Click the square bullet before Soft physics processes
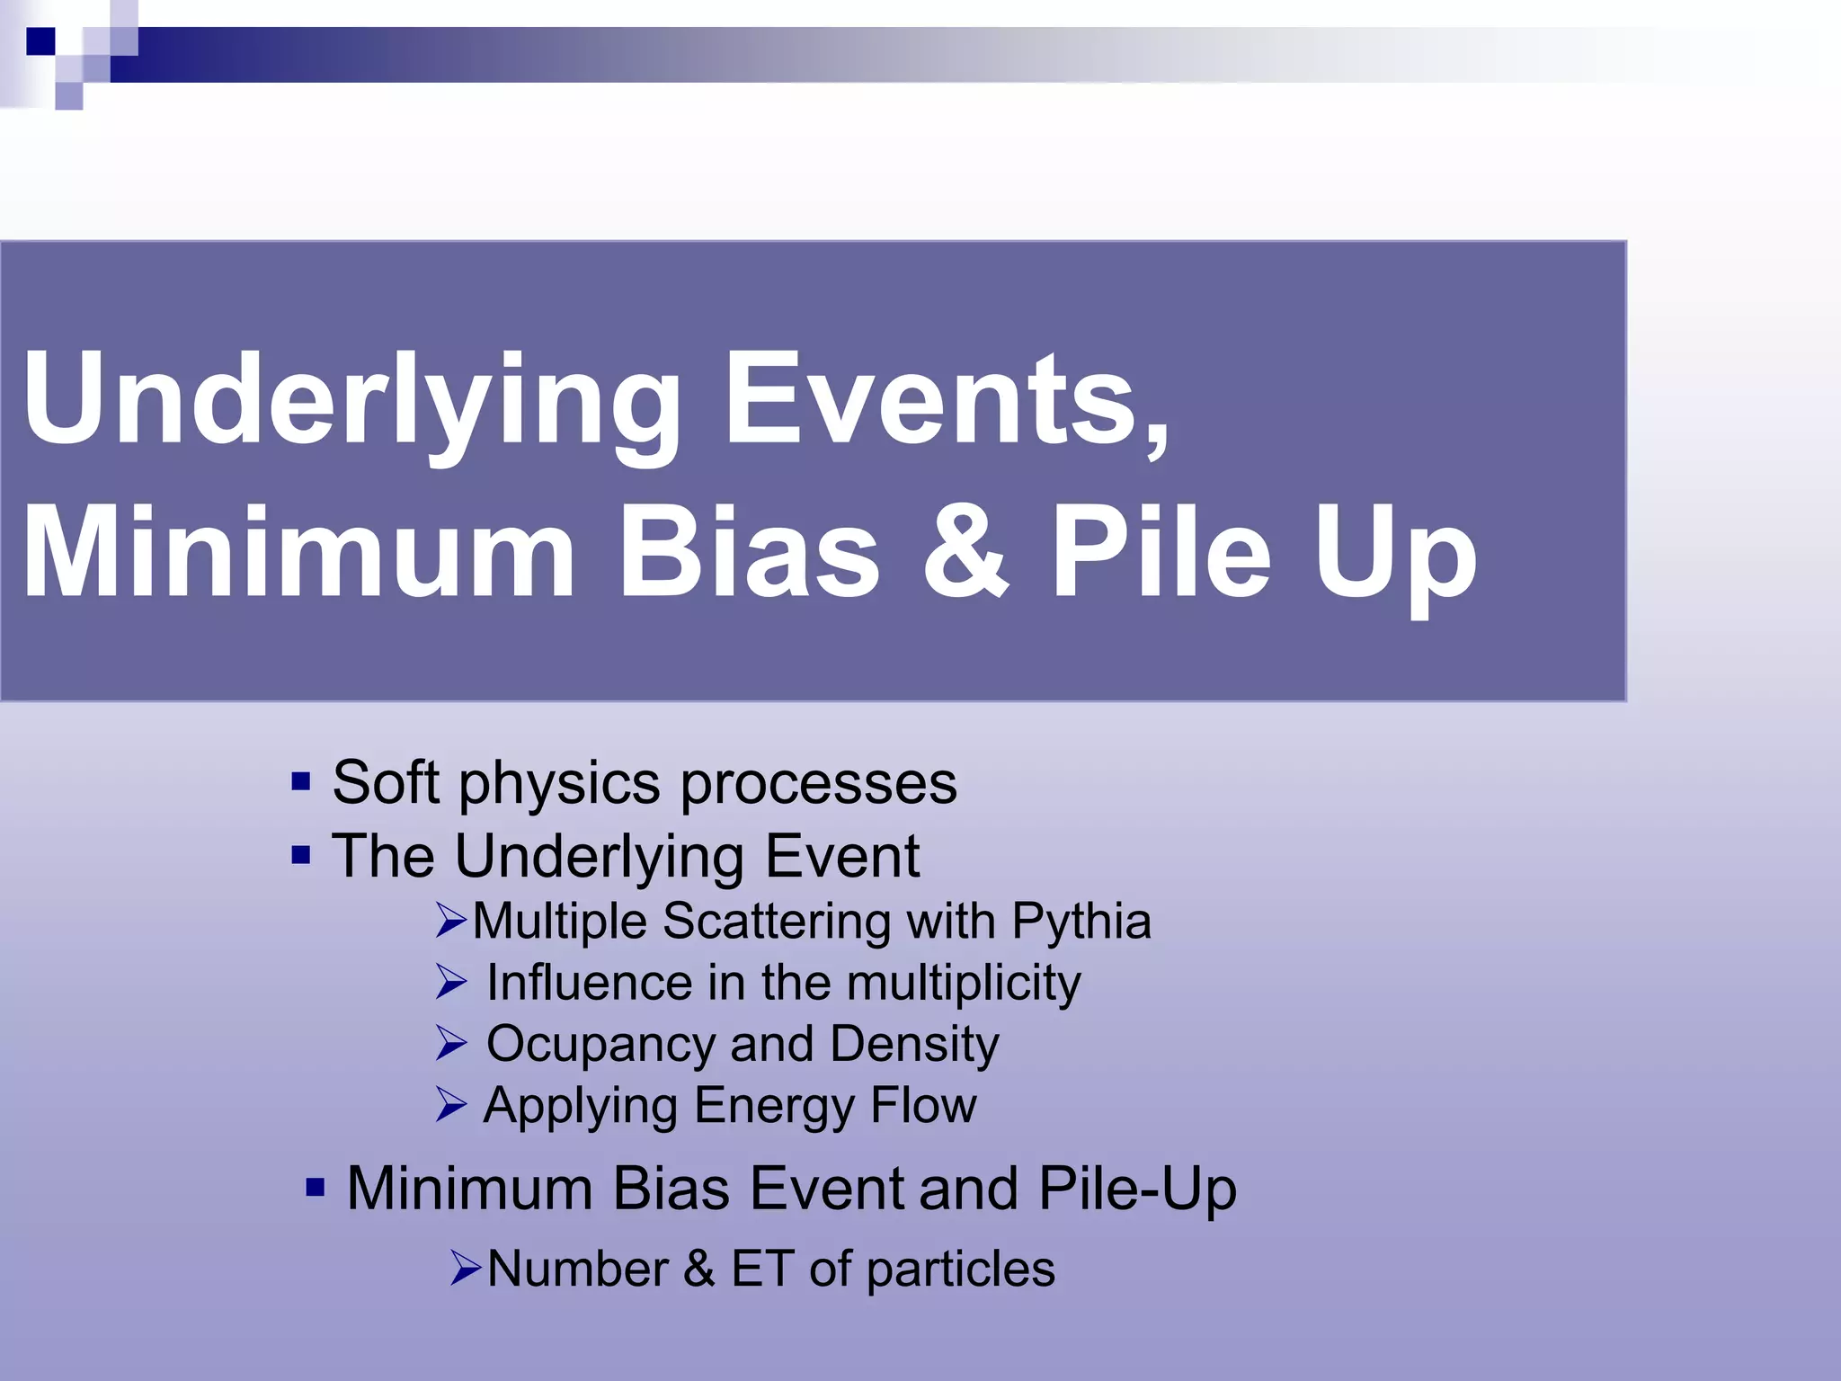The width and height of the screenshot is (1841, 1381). click(x=301, y=780)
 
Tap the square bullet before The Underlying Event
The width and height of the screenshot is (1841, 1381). click(x=301, y=853)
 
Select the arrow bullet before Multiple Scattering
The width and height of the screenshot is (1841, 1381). click(x=450, y=921)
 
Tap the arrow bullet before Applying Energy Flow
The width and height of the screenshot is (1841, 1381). click(x=450, y=1104)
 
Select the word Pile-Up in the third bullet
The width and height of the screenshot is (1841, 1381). click(x=1137, y=1189)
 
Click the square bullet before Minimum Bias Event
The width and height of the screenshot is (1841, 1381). click(x=315, y=1188)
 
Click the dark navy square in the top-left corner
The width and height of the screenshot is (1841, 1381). click(x=40, y=40)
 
